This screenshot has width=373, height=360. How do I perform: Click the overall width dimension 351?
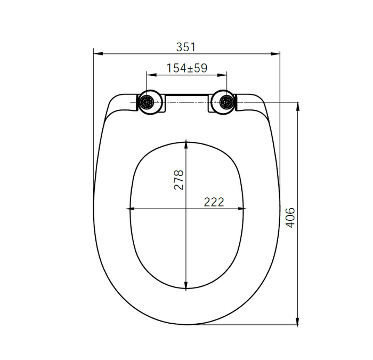[186, 47]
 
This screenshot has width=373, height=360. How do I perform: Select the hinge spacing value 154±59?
[186, 68]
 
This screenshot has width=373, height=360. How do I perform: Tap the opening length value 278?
[179, 180]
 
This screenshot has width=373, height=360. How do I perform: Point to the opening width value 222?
[213, 202]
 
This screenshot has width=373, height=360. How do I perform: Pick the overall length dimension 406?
[290, 217]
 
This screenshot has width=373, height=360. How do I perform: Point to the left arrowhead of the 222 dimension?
[131, 209]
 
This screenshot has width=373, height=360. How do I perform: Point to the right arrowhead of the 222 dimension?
[242, 209]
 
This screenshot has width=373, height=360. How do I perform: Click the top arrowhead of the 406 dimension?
[297, 105]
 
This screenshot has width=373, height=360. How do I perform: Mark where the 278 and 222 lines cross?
[185, 209]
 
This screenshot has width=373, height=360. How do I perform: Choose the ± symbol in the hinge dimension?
[191, 68]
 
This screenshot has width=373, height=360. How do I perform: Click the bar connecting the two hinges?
[186, 98]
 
